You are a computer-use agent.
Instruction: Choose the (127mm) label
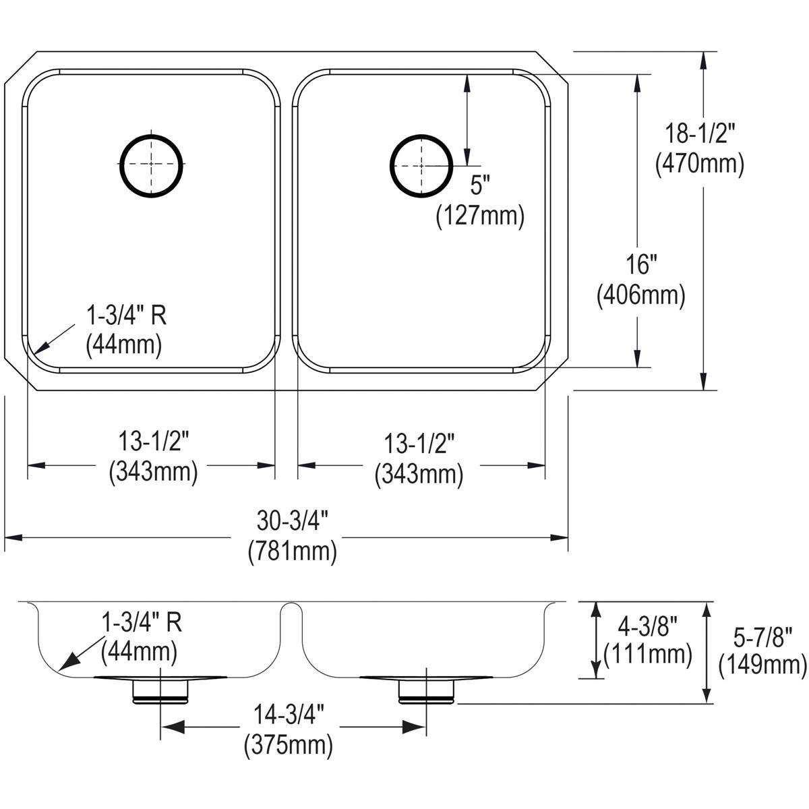click(480, 215)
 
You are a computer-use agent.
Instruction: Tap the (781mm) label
click(292, 551)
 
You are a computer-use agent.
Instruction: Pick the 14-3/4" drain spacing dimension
click(289, 713)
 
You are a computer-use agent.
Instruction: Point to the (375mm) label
click(289, 744)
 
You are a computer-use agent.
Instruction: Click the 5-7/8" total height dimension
click(762, 635)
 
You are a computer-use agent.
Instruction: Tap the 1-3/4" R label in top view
click(125, 315)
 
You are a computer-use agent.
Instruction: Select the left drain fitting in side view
click(160, 690)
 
